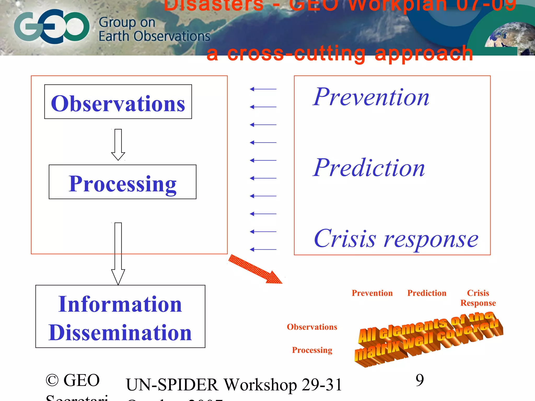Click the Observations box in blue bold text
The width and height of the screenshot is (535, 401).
click(118, 102)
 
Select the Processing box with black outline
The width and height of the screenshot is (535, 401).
click(123, 182)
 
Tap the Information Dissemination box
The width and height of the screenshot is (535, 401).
click(120, 316)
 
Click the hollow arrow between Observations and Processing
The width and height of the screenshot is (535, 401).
click(118, 144)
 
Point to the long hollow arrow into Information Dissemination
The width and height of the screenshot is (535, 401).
click(118, 253)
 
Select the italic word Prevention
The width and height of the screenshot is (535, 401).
click(371, 97)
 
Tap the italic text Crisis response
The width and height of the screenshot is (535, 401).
click(396, 239)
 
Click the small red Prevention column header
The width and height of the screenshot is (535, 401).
click(372, 293)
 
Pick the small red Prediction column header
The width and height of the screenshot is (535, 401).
click(427, 293)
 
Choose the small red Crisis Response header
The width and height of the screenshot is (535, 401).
click(478, 298)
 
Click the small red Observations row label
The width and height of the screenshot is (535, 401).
click(312, 327)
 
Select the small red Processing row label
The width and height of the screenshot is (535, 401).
click(312, 350)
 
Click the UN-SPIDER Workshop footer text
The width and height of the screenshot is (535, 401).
click(234, 385)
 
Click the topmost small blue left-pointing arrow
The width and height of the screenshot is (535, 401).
click(263, 89)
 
